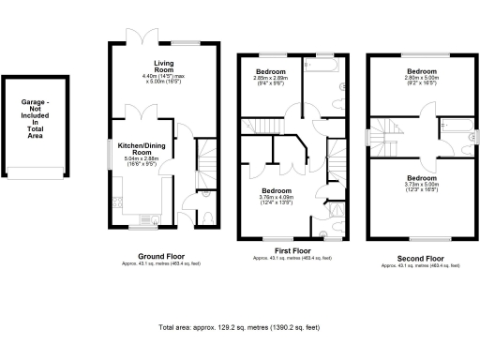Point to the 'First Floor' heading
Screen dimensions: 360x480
point(292,251)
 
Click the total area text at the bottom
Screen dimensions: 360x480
point(240,329)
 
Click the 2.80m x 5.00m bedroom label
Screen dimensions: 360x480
point(421,76)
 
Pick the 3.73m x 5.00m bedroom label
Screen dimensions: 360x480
point(421,181)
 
